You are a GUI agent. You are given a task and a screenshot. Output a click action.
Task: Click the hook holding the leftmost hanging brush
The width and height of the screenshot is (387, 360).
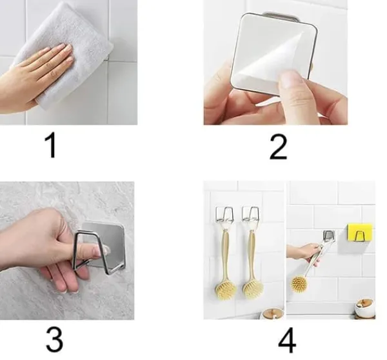tap(224, 214)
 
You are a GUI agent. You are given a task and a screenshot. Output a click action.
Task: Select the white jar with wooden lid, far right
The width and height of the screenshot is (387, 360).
tap(364, 308)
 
